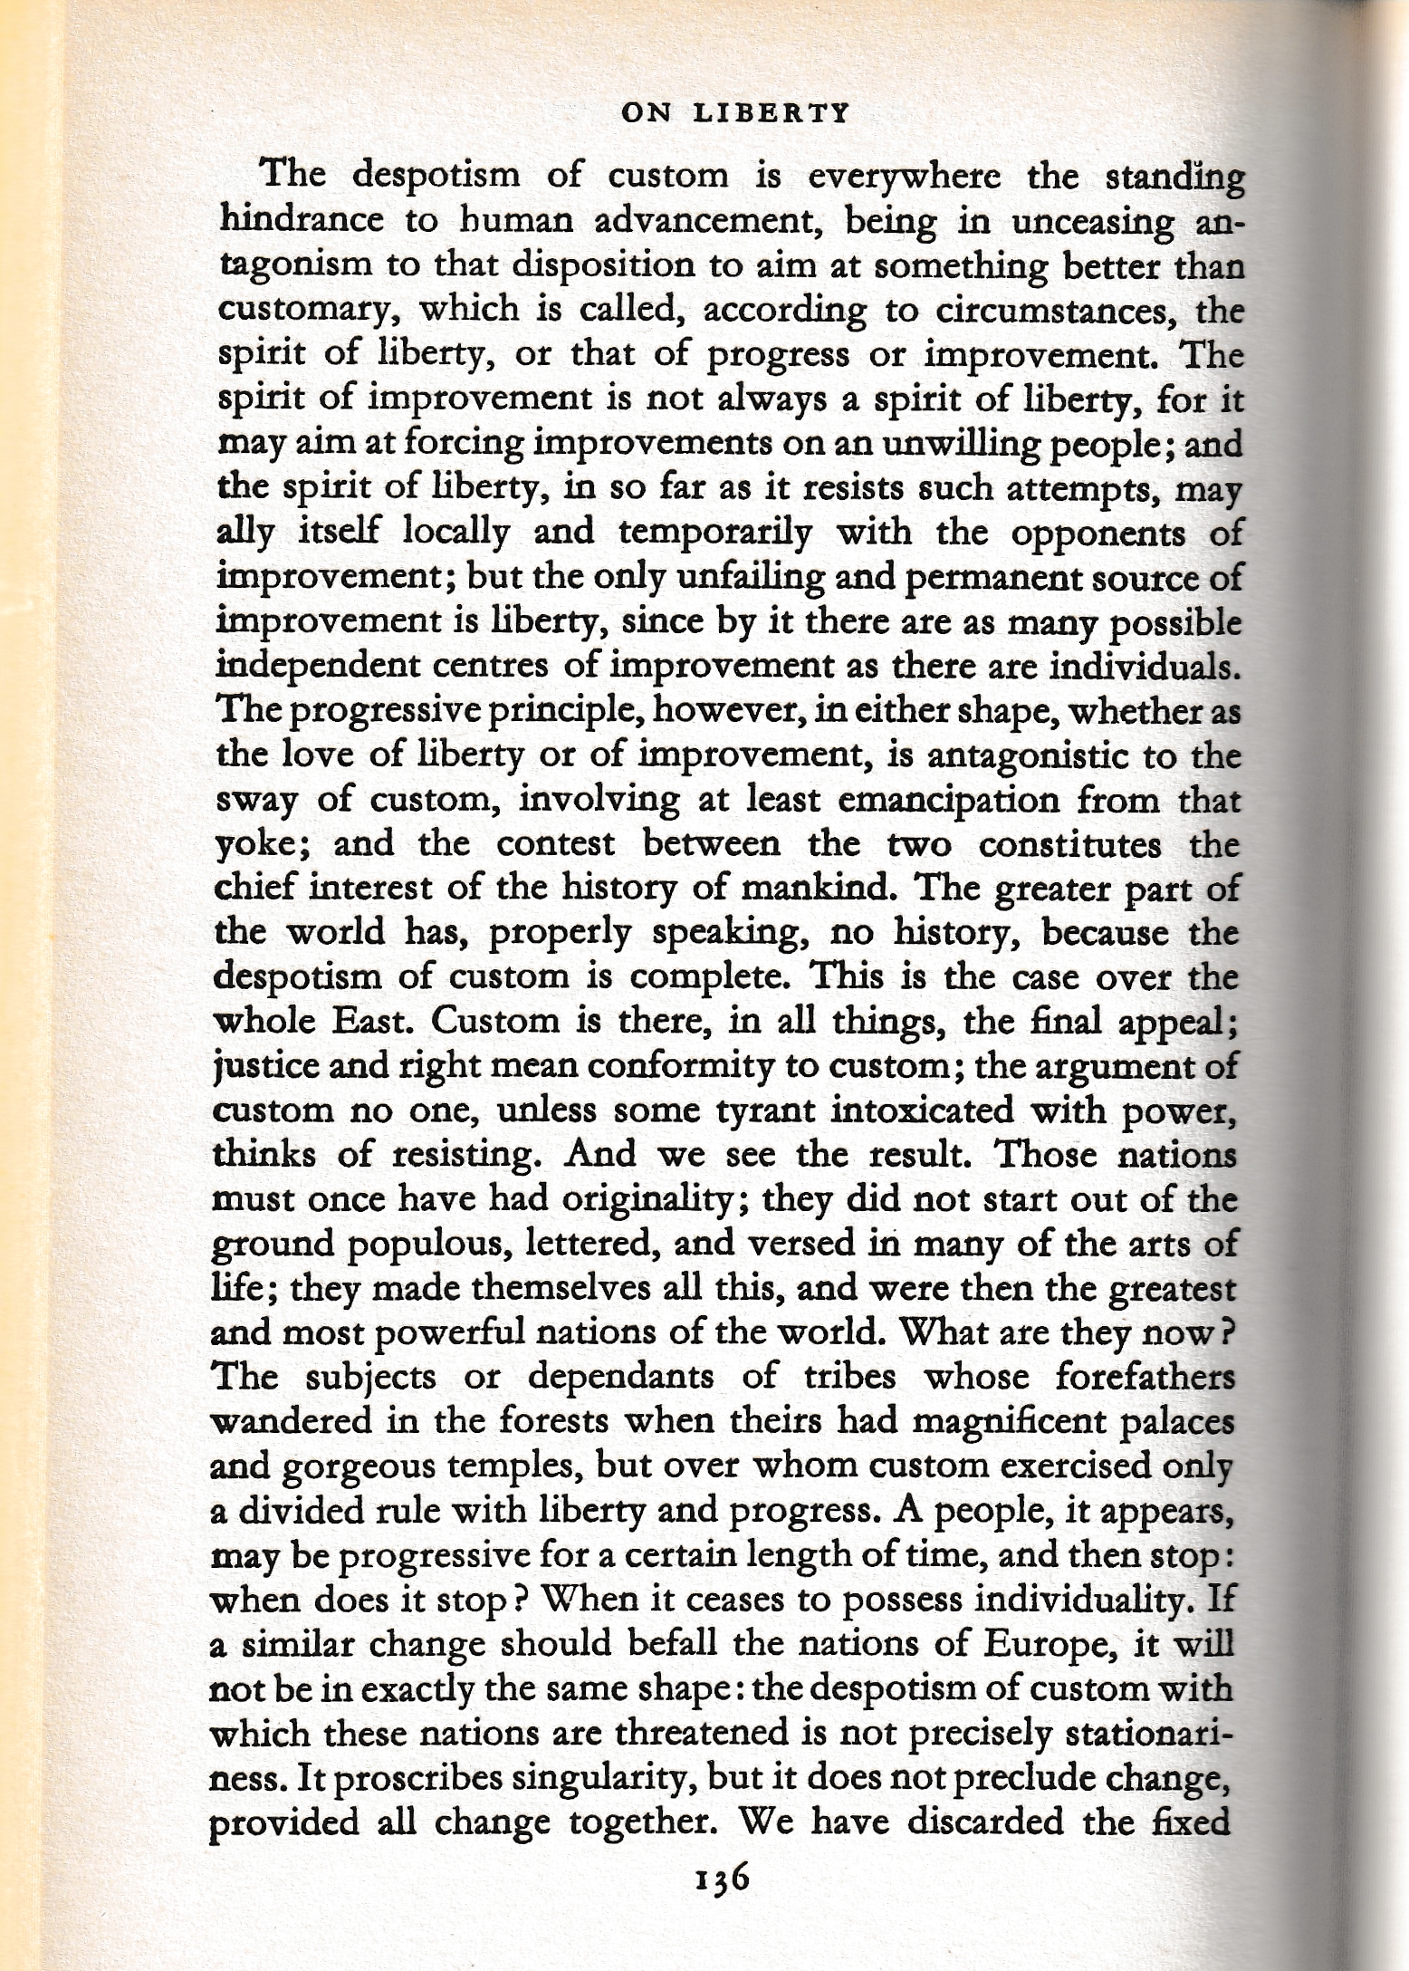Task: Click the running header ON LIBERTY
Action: pos(714,114)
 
